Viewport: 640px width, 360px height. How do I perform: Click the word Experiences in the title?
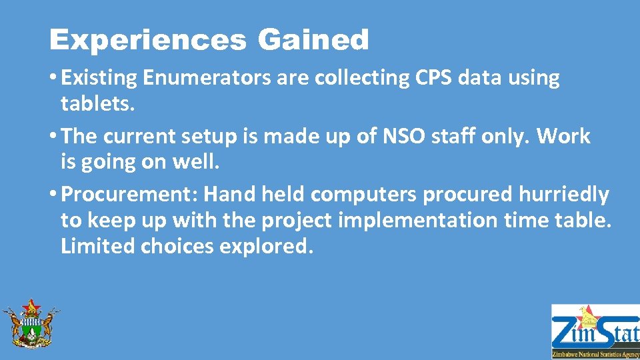(x=147, y=41)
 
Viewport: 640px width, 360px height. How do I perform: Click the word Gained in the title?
(x=313, y=41)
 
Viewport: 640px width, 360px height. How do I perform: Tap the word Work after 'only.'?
(x=563, y=137)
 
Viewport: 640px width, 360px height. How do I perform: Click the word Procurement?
(x=129, y=195)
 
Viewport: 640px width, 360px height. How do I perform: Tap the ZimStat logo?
(x=595, y=331)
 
